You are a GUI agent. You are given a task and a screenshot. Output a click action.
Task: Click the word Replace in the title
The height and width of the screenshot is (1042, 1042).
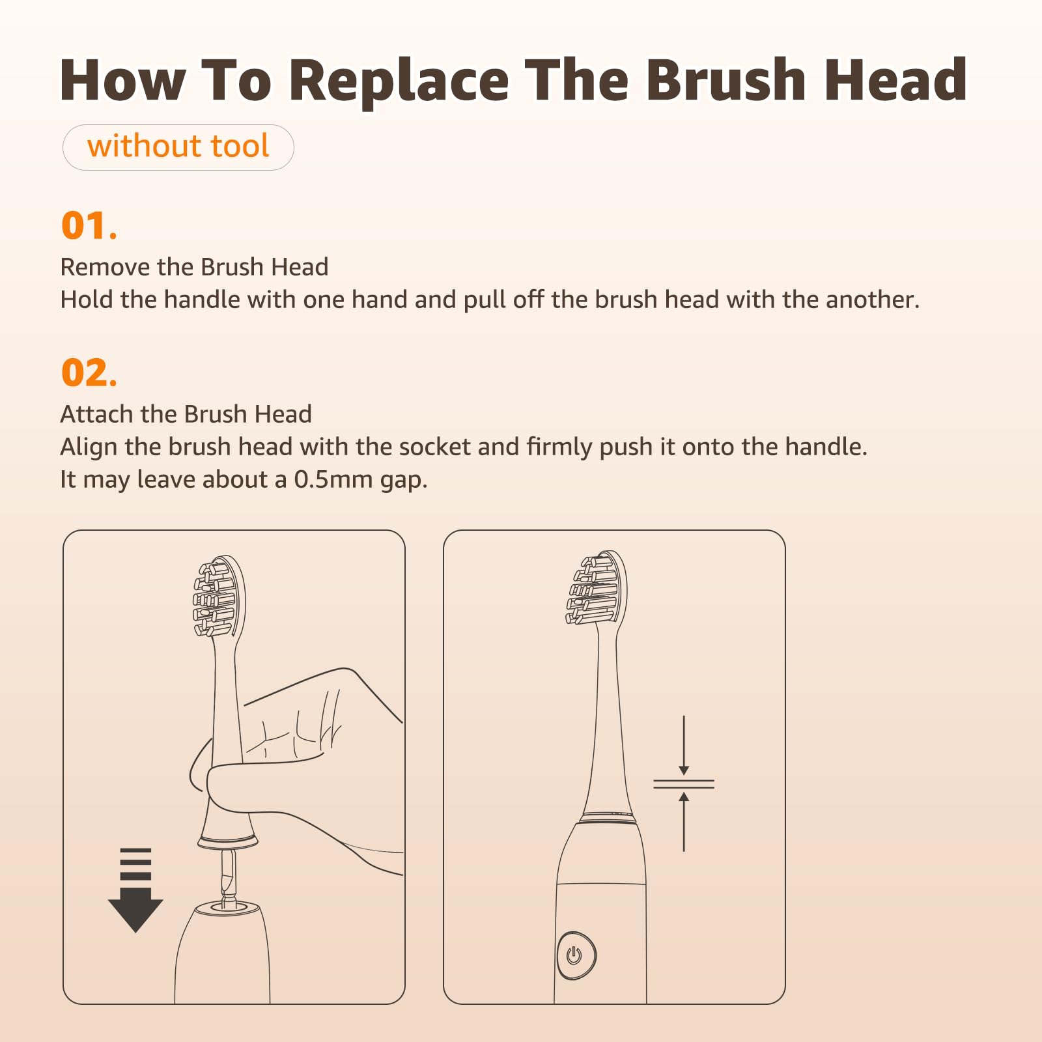tap(399, 81)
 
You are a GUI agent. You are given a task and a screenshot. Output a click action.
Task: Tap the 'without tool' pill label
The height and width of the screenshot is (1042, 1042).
tap(178, 147)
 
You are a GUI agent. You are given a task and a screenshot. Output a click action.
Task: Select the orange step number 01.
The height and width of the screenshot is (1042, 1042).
tap(89, 225)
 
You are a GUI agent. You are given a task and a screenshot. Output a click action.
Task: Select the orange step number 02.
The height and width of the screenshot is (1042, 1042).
tap(89, 373)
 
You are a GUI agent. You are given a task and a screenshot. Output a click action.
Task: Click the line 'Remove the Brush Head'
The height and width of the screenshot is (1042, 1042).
tap(194, 267)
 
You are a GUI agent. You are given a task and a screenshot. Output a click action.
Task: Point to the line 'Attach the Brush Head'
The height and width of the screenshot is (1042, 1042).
tap(186, 414)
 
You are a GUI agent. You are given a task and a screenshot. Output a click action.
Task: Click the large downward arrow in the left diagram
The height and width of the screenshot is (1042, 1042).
tap(135, 890)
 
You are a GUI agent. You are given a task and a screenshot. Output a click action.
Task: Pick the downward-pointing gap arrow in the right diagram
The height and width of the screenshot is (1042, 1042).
tap(684, 745)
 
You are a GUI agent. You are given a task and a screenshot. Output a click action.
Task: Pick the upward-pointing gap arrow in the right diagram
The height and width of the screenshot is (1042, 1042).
tap(684, 821)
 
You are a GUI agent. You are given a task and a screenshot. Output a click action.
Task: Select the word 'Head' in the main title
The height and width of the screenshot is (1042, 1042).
tap(895, 80)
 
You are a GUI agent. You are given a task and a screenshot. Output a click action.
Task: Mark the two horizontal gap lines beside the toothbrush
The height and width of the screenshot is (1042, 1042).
tap(684, 783)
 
